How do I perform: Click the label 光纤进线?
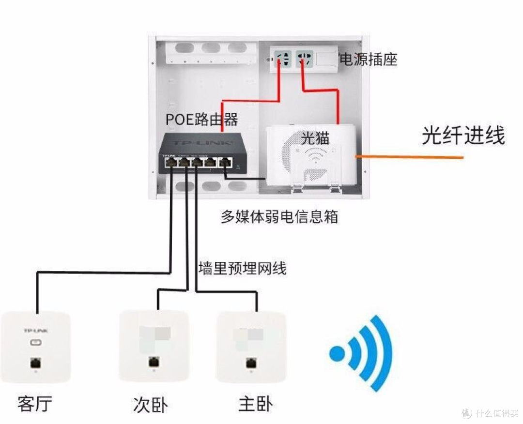click(463, 136)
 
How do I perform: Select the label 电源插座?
click(369, 60)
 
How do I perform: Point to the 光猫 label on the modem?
click(315, 139)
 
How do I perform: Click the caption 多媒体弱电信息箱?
click(279, 216)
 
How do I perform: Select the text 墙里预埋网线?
click(242, 268)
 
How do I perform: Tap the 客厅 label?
click(34, 403)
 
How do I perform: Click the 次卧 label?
click(150, 405)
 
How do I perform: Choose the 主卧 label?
click(255, 404)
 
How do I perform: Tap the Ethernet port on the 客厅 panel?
click(36, 362)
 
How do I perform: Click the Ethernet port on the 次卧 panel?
click(154, 362)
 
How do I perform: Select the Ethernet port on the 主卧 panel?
click(251, 362)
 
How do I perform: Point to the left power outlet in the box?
click(284, 61)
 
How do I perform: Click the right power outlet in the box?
click(305, 60)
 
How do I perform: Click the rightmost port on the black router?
click(225, 163)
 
